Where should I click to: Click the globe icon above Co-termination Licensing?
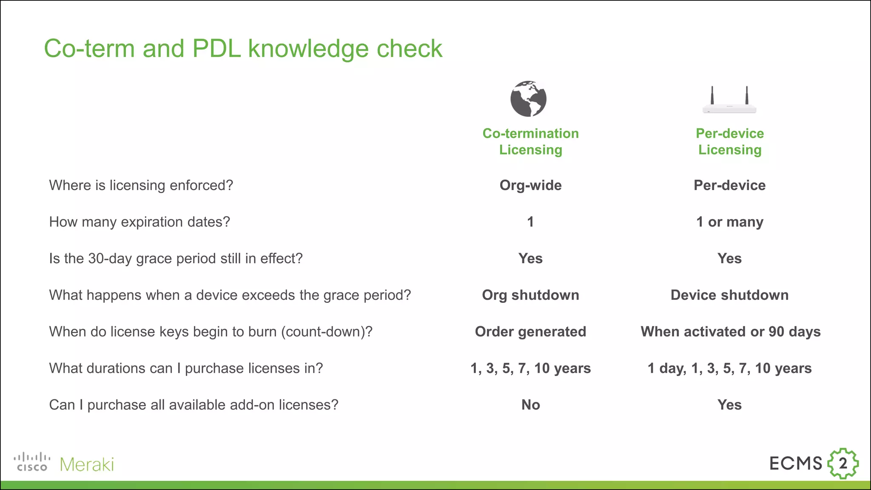point(528,99)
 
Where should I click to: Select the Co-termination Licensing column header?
point(530,142)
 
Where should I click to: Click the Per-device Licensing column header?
point(729,142)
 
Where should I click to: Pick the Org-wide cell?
point(530,185)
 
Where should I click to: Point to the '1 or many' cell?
point(729,222)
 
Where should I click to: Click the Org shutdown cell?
point(530,295)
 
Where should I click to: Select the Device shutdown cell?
point(729,295)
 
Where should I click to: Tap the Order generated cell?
point(530,332)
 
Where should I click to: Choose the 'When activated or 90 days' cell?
point(730,332)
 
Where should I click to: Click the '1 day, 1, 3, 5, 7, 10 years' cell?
point(729,368)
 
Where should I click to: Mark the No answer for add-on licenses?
point(530,405)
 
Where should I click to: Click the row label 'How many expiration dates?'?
point(139,222)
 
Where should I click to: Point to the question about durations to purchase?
point(186,368)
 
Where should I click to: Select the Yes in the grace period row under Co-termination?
point(530,259)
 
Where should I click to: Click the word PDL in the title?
point(216,48)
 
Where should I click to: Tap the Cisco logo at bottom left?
point(32,463)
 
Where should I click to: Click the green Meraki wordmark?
point(87,464)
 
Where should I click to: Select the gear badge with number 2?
point(843,463)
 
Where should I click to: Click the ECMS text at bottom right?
point(795,463)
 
